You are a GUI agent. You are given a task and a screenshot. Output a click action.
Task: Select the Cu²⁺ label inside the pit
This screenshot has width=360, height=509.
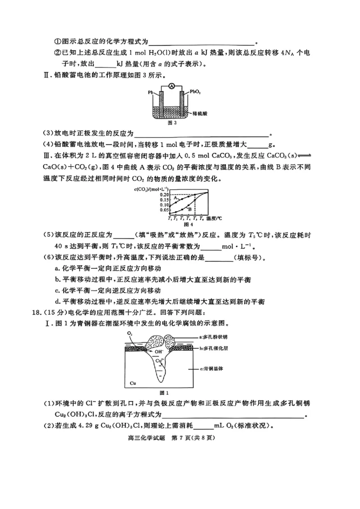click(159, 361)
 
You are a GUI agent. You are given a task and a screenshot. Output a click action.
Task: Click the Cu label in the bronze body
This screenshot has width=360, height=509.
click(132, 384)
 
